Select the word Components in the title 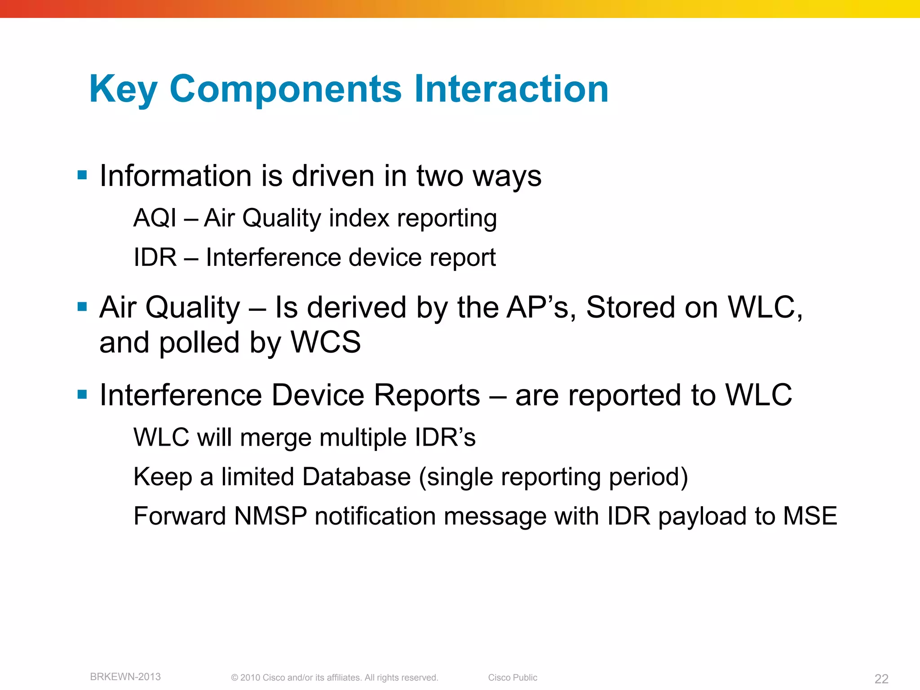285,89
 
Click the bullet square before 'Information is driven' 82,175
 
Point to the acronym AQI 155,218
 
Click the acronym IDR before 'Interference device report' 155,258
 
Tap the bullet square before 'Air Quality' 82,307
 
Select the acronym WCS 326,342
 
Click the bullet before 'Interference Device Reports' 82,394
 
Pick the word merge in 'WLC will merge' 276,438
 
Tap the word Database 356,477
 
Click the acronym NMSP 270,516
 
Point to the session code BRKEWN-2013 125,677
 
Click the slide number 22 881,679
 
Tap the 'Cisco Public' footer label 513,677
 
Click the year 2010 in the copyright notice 250,677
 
